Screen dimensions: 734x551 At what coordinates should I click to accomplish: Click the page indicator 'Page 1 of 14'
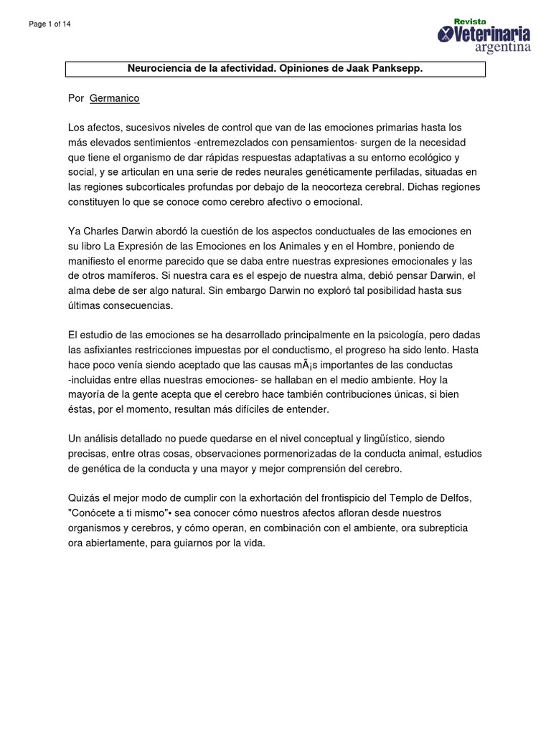50,24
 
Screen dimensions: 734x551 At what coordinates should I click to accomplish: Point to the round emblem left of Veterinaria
446,34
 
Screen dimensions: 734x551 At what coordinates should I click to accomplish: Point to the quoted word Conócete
94,514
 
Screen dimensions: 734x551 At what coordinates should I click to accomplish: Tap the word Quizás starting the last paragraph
84,498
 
